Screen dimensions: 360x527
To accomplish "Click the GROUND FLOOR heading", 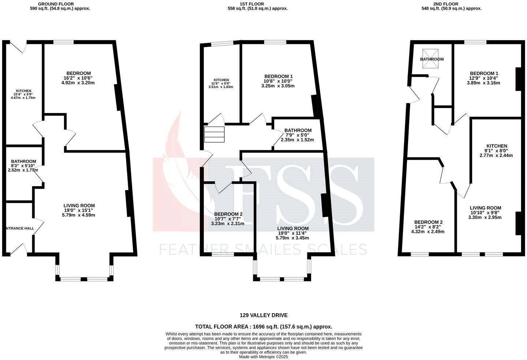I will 53,4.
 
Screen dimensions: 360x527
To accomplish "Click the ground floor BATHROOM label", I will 23,161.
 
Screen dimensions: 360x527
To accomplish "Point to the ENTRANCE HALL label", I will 20,228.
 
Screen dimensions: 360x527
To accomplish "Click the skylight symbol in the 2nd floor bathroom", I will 430,59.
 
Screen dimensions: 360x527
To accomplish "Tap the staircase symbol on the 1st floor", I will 214,134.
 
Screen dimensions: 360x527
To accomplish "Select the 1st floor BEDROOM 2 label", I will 228,214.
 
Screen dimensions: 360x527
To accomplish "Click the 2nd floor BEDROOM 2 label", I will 428,222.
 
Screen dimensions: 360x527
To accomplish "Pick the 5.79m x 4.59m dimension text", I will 79,215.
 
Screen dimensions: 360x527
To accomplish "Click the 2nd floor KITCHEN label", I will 496,146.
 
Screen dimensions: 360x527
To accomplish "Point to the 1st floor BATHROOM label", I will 298,130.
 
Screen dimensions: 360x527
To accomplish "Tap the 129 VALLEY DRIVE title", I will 263,315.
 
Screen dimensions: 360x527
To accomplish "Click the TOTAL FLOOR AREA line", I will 263,327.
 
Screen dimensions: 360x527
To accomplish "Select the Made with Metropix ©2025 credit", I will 263,357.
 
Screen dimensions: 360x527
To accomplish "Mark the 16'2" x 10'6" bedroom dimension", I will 79,78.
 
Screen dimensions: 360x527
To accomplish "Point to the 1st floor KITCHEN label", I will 221,80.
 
